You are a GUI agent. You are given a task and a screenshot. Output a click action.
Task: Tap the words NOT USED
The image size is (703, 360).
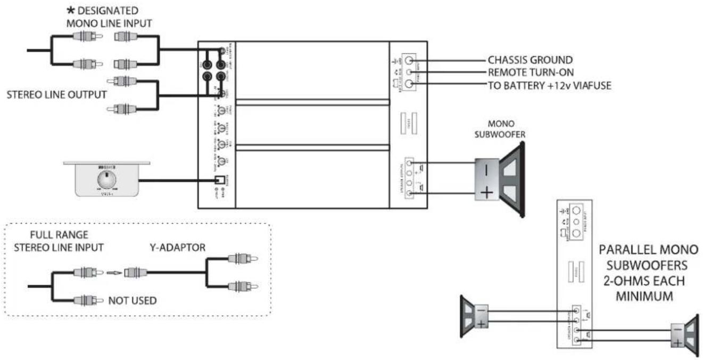coord(133,301)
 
